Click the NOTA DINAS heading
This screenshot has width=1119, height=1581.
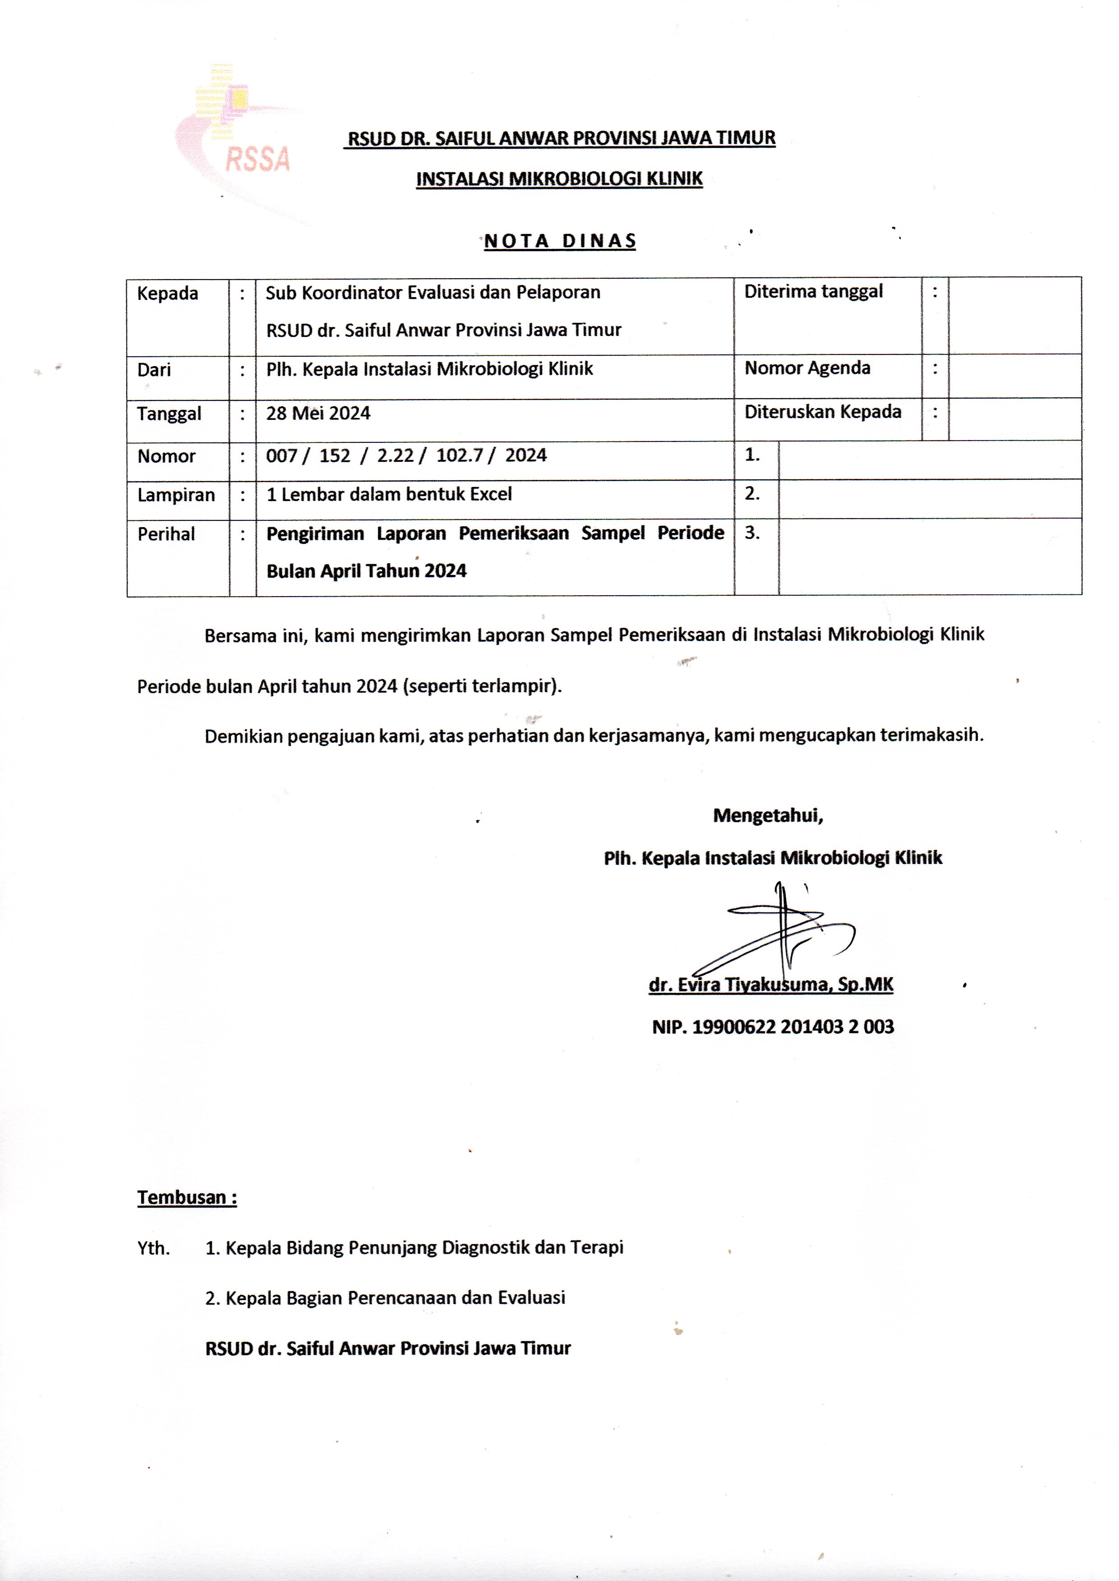pyautogui.click(x=559, y=241)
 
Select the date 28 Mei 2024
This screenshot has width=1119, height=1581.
pyautogui.click(x=318, y=414)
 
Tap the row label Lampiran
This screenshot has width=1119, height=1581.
pyautogui.click(x=176, y=495)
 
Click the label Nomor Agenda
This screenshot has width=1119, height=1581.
pyautogui.click(x=807, y=368)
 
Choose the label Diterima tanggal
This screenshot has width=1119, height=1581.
pyautogui.click(x=813, y=291)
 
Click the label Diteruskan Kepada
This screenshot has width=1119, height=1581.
pyautogui.click(x=823, y=412)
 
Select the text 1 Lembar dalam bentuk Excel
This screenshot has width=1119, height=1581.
pyautogui.click(x=389, y=494)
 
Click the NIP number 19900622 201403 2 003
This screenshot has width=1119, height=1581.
pyautogui.click(x=773, y=1027)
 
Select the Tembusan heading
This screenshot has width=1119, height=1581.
pyautogui.click(x=187, y=1197)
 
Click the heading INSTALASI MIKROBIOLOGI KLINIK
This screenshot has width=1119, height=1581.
pyautogui.click(x=559, y=179)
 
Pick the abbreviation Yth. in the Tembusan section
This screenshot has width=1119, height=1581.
pyautogui.click(x=153, y=1248)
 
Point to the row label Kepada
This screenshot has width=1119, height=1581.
pyautogui.click(x=167, y=294)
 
